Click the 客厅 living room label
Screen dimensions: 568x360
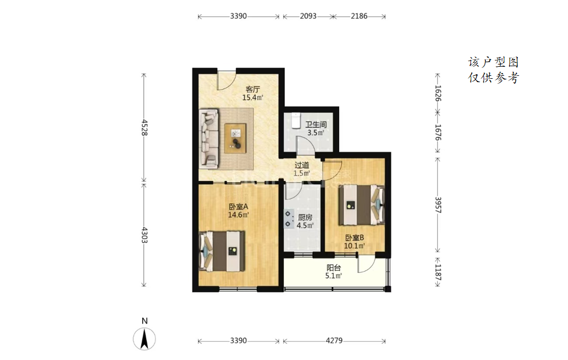252,89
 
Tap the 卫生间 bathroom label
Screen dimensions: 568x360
316,124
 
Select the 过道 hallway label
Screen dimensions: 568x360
302,165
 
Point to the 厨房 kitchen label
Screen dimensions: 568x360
305,217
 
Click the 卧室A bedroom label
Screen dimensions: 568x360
238,207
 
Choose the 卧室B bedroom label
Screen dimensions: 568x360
355,238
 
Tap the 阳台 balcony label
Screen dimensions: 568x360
333,268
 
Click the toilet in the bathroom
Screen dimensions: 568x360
296,120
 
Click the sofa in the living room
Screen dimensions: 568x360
210,139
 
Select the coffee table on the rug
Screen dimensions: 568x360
235,138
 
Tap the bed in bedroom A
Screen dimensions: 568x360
222,252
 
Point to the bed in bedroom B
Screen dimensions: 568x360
361,205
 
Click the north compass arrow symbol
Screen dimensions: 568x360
144,339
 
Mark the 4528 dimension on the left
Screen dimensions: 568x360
144,127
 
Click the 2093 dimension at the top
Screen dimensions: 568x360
308,17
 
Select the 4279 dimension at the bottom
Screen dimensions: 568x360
334,341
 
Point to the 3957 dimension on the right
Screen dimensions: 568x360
438,205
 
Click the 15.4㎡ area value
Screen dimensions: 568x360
252,98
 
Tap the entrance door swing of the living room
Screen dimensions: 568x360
227,80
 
